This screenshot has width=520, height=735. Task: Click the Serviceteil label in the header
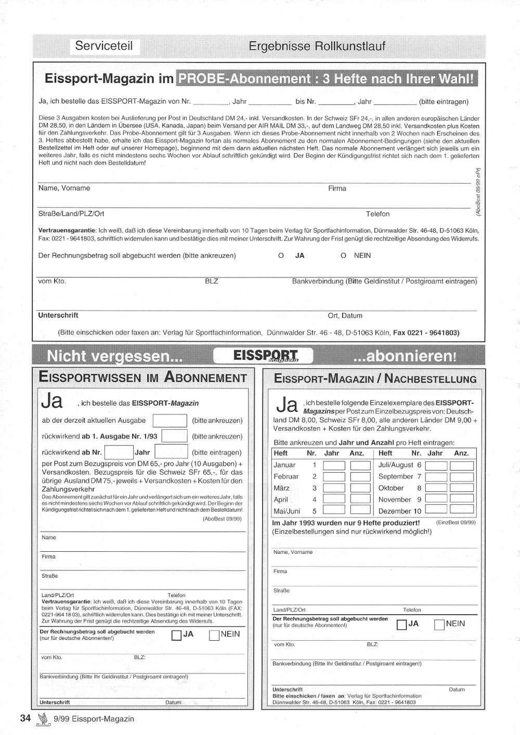pos(104,46)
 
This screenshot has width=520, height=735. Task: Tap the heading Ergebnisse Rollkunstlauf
pos(317,46)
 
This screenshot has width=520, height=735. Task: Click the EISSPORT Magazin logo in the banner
pos(265,356)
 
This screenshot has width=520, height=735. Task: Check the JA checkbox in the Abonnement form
pos(176,635)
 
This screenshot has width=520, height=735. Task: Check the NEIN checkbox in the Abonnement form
pos(214,635)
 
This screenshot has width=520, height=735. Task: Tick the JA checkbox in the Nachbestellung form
pos(401,625)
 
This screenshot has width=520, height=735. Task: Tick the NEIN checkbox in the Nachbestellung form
pos(439,625)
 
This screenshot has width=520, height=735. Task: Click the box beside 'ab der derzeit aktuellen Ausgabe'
pos(170,421)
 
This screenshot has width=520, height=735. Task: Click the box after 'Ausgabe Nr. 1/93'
pos(174,436)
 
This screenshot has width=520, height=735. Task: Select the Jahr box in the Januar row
pos(334,465)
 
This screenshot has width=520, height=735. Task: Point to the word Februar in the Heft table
pos(286,477)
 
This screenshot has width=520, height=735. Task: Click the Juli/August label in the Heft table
pos(396,465)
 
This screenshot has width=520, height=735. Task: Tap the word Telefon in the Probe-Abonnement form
pos(378,214)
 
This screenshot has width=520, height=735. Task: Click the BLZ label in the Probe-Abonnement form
pos(212,281)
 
